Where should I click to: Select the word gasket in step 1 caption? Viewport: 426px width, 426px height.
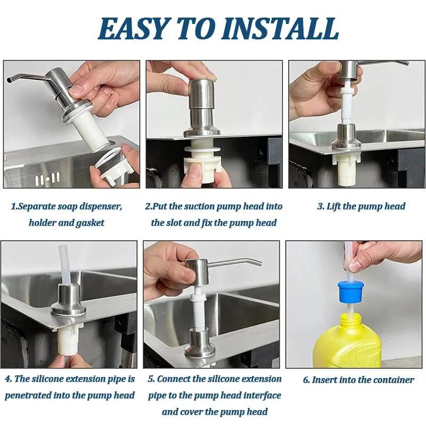click(88, 223)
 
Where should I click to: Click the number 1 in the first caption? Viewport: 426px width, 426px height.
click(13, 206)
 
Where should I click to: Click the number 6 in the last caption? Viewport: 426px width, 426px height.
click(306, 380)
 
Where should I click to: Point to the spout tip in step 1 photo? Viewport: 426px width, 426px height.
click(10, 80)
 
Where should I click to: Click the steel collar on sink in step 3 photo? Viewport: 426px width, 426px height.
click(347, 137)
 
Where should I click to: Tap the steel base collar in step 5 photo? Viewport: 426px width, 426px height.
click(199, 343)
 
